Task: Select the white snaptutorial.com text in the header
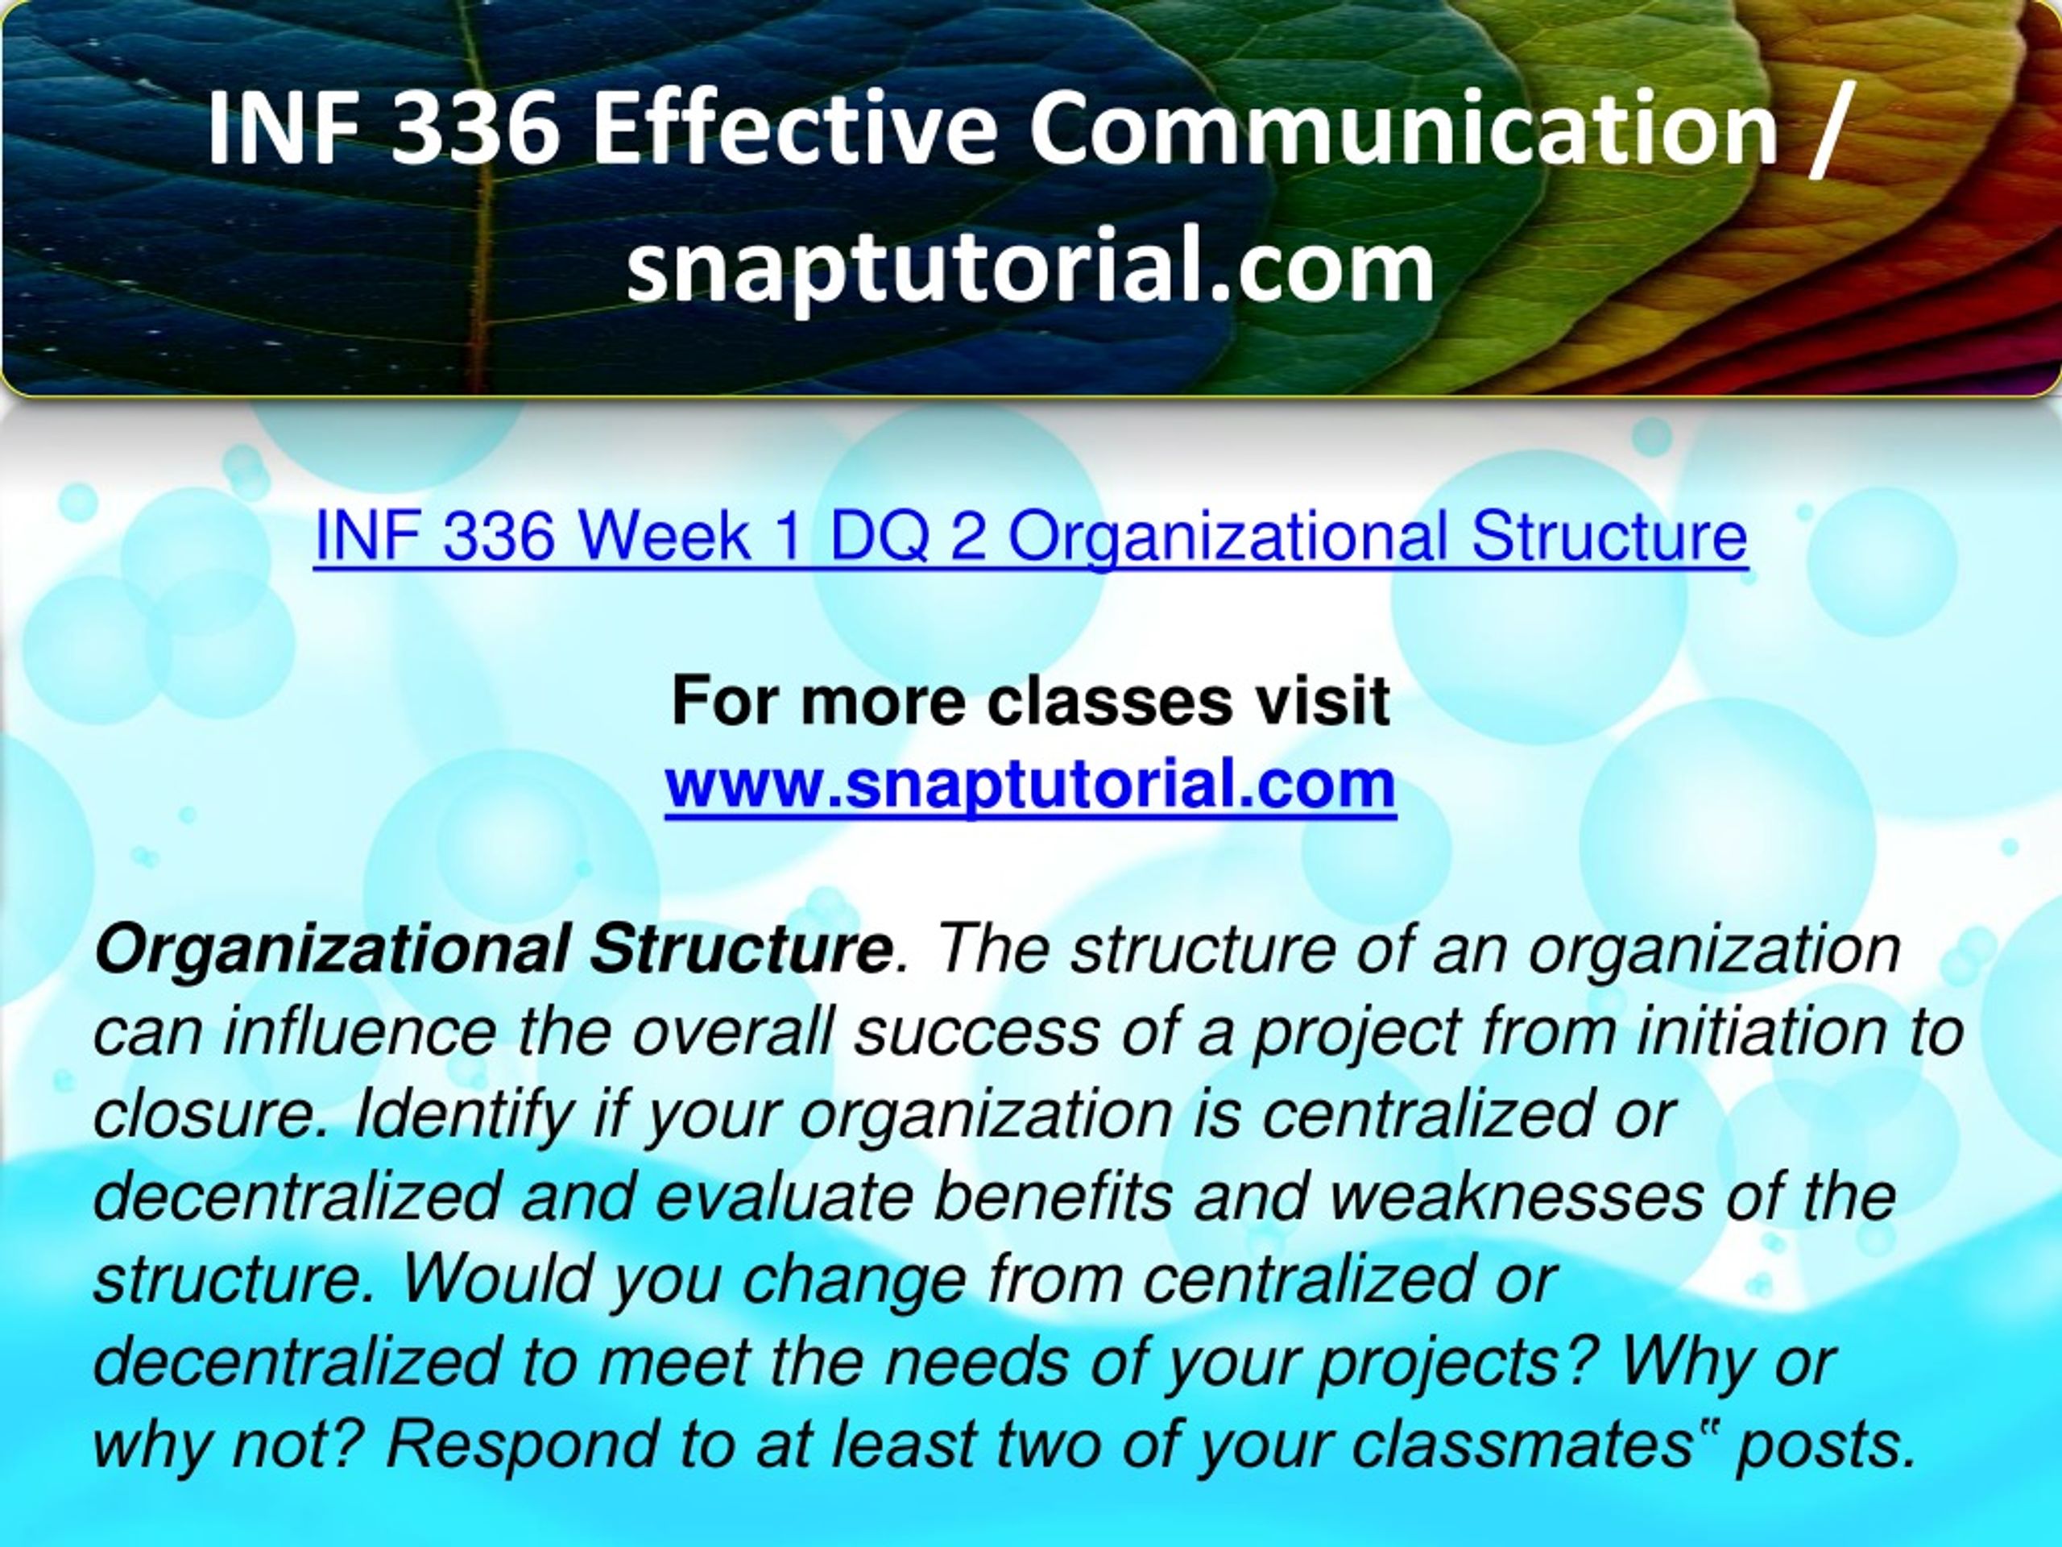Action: pos(1030,268)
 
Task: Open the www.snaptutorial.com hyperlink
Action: pos(1031,784)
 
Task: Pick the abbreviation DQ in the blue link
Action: pos(879,538)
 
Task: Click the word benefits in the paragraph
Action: pos(1053,1197)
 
